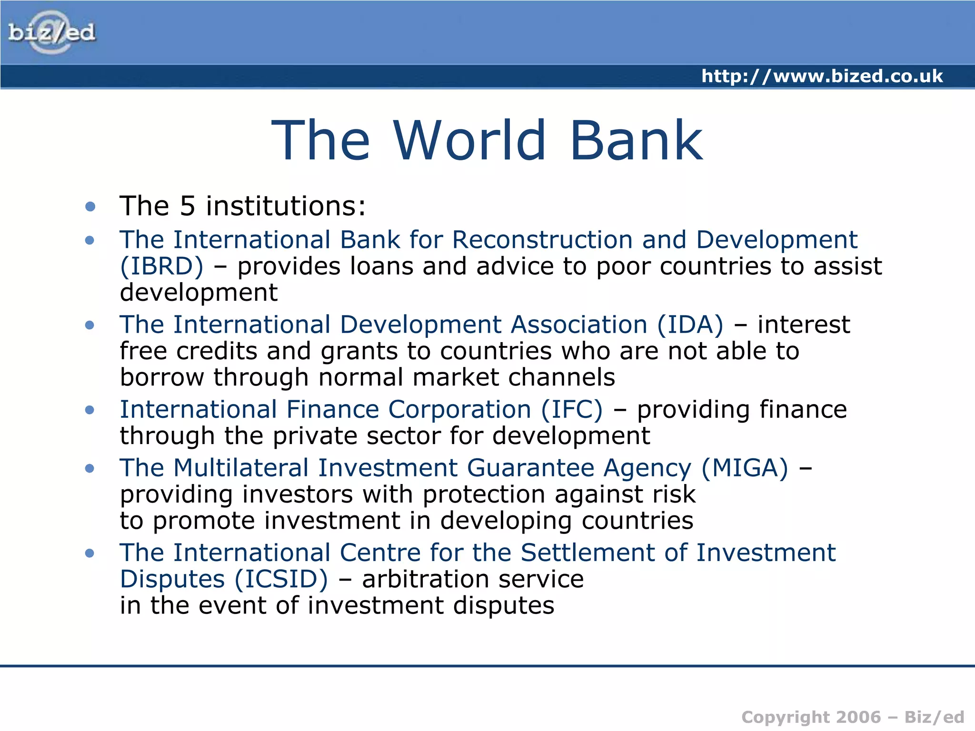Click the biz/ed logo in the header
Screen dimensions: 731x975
point(51,32)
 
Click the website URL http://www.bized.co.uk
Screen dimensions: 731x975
point(822,76)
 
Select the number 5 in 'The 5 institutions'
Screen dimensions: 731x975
point(188,206)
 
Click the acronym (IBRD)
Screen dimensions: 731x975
point(162,266)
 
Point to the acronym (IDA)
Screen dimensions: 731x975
point(690,325)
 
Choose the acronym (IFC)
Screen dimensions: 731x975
point(572,410)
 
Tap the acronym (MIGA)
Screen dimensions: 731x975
point(745,468)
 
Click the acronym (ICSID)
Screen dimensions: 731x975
point(281,579)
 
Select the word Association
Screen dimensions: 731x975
point(579,325)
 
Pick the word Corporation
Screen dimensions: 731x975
point(459,410)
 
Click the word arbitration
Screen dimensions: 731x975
point(426,579)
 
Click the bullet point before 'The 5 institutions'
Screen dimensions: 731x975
point(90,207)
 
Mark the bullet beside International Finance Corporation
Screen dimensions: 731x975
point(90,410)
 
